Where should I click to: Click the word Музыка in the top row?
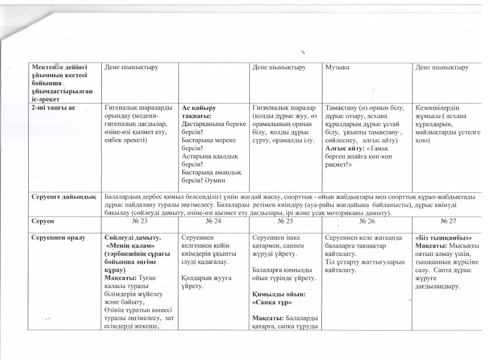pos(337,67)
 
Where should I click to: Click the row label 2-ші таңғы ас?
pos(55,107)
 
